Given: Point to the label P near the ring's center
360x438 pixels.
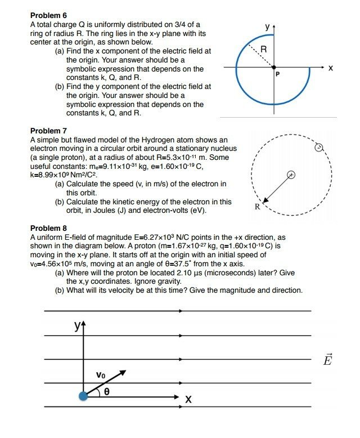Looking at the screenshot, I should pyautogui.click(x=277, y=74).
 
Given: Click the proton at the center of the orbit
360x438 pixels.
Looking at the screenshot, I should pyautogui.click(x=291, y=175).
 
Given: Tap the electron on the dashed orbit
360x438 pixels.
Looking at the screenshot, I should pyautogui.click(x=318, y=148).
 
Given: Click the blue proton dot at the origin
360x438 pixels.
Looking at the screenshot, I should pyautogui.click(x=84, y=396).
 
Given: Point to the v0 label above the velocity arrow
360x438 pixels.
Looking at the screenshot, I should pyautogui.click(x=100, y=374).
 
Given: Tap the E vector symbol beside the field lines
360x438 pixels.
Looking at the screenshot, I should pyautogui.click(x=328, y=360).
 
